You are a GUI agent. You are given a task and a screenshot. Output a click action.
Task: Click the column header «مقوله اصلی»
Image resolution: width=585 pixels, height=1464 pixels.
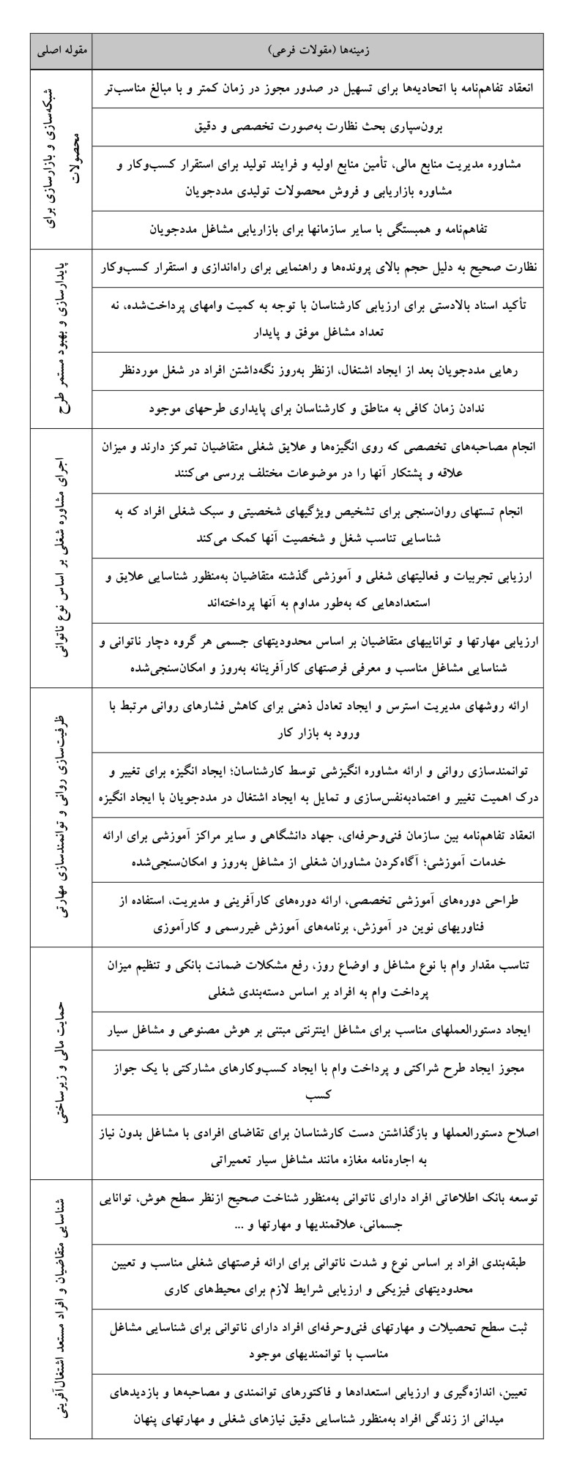pyautogui.click(x=62, y=51)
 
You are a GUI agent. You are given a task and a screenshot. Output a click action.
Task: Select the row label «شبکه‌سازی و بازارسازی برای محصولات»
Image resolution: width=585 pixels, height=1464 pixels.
pyautogui.click(x=62, y=157)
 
